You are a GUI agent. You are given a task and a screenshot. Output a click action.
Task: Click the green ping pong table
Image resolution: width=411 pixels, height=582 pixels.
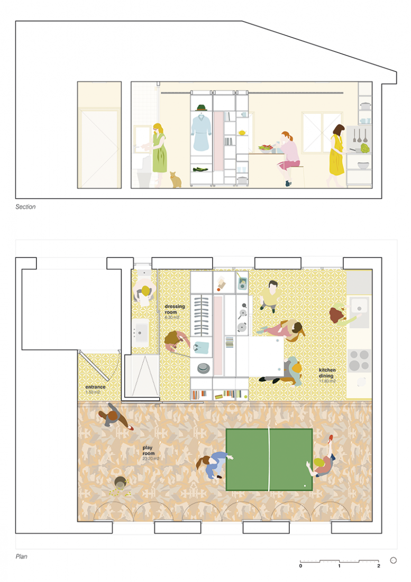[x=269, y=459]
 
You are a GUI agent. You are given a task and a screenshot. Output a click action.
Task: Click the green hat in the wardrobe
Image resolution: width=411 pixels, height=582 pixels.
[x=200, y=107]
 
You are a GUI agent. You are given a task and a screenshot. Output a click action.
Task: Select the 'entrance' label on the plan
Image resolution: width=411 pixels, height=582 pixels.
[x=96, y=387]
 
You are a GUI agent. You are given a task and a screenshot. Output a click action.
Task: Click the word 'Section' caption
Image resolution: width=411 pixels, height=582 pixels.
[x=25, y=207]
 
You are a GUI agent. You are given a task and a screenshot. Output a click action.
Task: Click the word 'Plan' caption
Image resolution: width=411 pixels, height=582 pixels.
[x=21, y=556]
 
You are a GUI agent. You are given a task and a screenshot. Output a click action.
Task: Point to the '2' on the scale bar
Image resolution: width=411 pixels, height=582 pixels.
[x=379, y=566]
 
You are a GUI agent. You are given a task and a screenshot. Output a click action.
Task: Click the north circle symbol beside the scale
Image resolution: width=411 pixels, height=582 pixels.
[x=393, y=560]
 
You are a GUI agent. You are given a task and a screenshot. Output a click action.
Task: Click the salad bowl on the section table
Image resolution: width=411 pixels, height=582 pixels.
[x=266, y=148]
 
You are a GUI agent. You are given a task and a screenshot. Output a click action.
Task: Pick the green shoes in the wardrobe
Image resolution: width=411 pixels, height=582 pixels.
[x=200, y=169]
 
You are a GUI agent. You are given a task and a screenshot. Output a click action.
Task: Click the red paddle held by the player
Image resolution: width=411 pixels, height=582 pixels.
[x=331, y=438]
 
